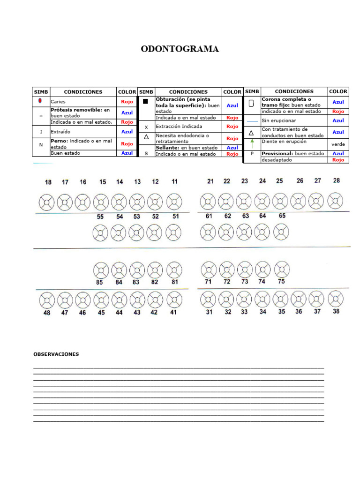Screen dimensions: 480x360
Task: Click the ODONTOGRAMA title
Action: [x=180, y=49]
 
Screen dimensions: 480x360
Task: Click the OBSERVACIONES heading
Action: [x=56, y=354]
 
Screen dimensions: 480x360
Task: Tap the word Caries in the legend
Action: [x=58, y=102]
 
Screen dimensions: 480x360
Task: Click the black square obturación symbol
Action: [x=146, y=102]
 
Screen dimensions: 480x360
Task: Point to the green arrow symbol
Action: [x=251, y=143]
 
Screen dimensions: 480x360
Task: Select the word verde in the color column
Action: [x=338, y=144]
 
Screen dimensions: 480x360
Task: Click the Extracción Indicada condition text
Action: [x=179, y=127]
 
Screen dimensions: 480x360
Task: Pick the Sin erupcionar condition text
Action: [x=278, y=121]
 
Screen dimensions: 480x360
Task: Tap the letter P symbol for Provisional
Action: [x=252, y=154]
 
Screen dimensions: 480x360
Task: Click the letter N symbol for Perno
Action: [x=41, y=145]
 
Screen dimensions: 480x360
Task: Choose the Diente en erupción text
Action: [x=284, y=142]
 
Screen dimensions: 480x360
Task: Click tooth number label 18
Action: [x=48, y=182]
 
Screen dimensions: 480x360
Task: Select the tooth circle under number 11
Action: [x=173, y=202]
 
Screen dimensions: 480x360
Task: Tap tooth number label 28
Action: [x=336, y=180]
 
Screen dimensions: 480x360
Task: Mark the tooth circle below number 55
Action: [x=100, y=232]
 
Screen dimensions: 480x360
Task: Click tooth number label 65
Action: [x=282, y=216]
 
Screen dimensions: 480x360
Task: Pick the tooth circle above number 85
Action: [x=100, y=270]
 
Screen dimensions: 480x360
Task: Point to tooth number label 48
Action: [x=46, y=313]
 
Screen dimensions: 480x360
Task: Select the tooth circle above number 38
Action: [x=336, y=299]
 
